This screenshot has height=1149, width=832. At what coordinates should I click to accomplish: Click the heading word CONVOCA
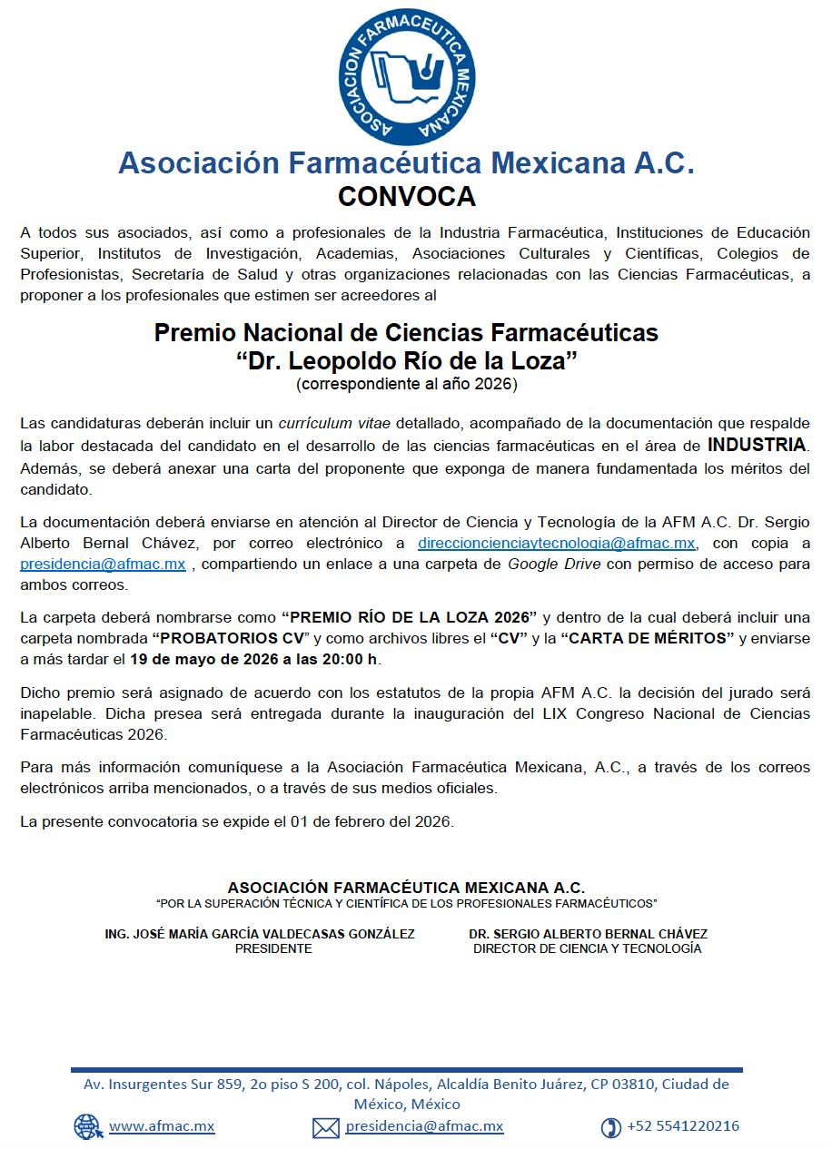pos(407,197)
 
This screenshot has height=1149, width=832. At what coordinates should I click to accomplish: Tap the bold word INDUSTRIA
pos(757,445)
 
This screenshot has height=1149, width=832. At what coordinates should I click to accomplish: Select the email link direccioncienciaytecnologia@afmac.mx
pos(557,544)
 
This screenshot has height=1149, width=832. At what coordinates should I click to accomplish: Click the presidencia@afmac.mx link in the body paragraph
pos(103,564)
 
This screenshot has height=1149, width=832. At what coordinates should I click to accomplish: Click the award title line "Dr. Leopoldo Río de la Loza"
pos(407,360)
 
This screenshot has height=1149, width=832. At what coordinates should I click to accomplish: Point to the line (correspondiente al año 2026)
pos(407,385)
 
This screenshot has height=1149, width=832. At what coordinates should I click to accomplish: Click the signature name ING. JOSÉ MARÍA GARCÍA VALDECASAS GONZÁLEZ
pos(261,934)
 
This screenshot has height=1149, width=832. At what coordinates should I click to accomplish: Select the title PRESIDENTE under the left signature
pos(273,948)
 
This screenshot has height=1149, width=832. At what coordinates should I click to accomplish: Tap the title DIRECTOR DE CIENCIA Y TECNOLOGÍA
pos(588,948)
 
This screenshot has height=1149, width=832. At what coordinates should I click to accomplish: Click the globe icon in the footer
pos(88,1126)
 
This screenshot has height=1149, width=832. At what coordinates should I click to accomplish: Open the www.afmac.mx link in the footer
pos(162,1126)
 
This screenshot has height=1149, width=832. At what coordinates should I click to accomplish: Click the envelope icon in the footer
pos(326,1127)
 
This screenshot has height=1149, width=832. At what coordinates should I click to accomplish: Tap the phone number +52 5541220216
pos(683,1126)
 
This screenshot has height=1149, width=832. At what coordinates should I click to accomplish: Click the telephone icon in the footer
pos(611,1127)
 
